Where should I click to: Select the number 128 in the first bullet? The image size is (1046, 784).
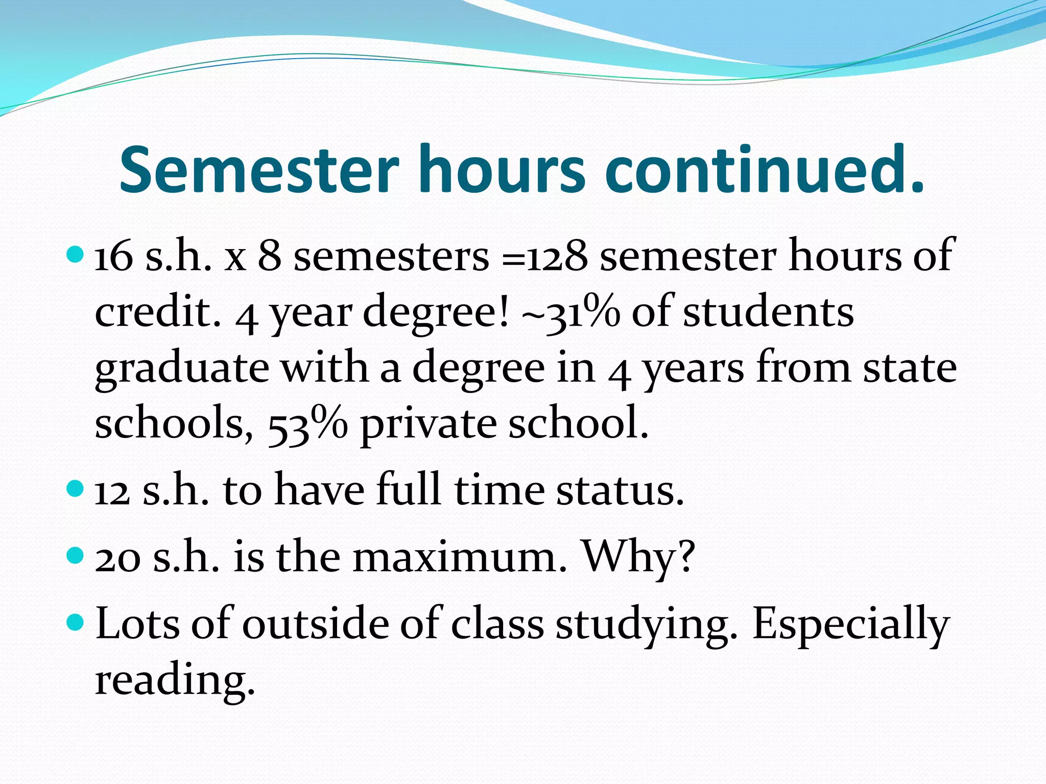[557, 256]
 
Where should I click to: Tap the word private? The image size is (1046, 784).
[428, 425]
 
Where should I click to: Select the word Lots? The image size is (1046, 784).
[137, 624]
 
